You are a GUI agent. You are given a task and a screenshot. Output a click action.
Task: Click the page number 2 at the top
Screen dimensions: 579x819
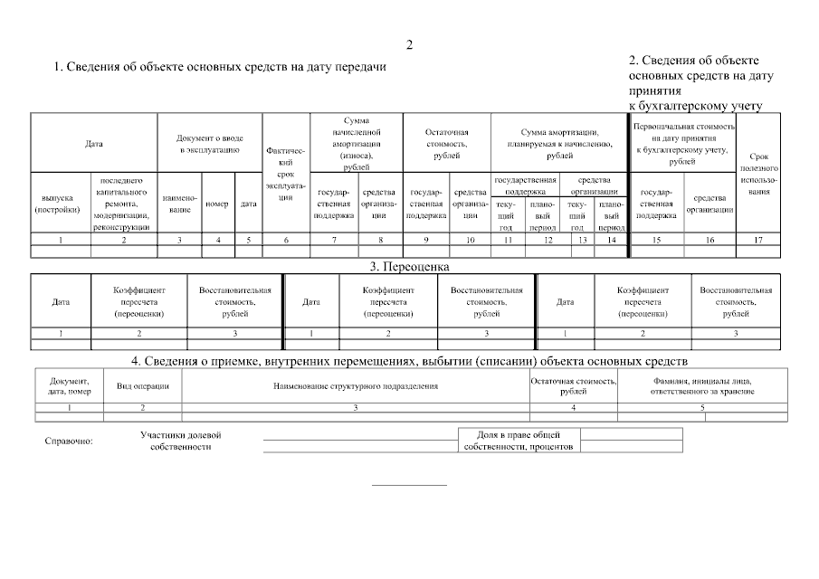point(409,45)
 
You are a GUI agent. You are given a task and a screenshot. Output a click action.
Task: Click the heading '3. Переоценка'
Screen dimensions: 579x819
point(409,267)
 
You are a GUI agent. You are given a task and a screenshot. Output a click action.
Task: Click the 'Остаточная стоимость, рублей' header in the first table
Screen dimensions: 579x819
point(446,144)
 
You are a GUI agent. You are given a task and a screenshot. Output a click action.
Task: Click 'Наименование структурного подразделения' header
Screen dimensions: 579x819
point(356,386)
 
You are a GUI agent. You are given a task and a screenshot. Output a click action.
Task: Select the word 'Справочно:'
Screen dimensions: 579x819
point(69,441)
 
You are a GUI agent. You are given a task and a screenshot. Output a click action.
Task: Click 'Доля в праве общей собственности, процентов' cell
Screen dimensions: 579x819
point(519,441)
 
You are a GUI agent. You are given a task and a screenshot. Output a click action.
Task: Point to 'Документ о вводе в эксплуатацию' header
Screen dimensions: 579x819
point(209,143)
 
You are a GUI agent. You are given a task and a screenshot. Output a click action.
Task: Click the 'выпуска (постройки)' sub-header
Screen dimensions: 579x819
point(61,204)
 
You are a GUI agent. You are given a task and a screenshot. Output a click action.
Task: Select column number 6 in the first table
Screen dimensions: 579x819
point(286,239)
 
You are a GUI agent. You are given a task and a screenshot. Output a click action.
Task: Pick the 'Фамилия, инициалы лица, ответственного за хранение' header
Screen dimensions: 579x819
point(702,386)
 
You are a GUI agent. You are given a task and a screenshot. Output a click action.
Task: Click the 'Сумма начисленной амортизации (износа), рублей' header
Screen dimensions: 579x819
point(356,143)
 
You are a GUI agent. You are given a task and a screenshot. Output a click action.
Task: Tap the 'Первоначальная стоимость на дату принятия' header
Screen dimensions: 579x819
point(682,143)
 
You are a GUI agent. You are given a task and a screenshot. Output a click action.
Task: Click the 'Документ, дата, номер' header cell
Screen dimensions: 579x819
point(69,386)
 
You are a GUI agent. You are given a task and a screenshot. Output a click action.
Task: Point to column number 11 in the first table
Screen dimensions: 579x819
point(508,239)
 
